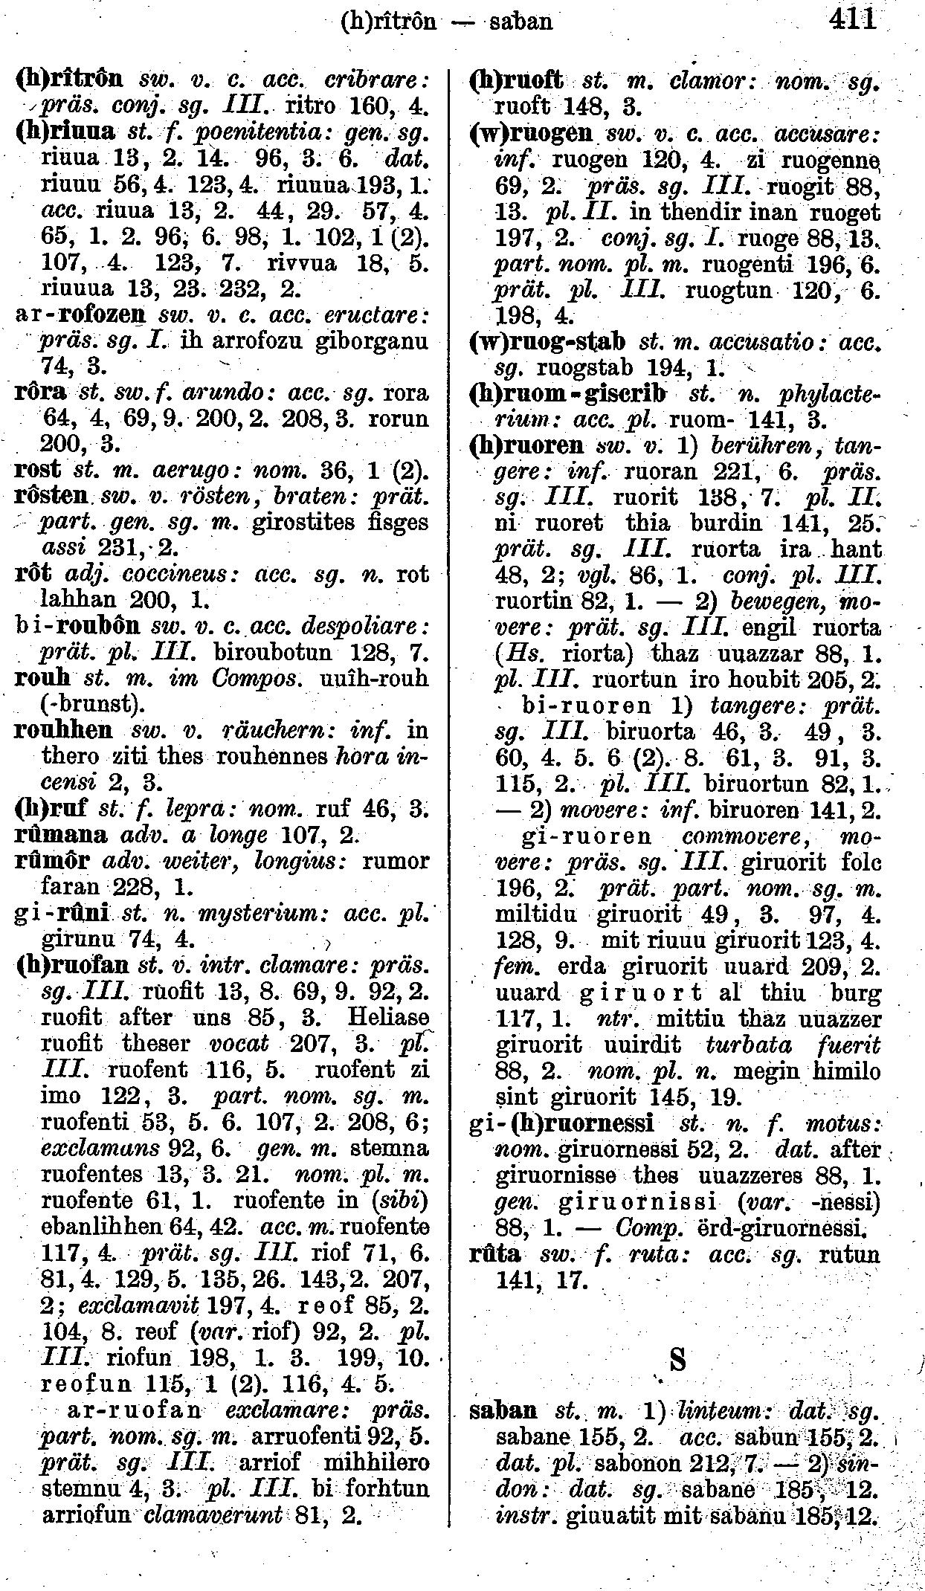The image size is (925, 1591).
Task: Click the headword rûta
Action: tap(494, 1255)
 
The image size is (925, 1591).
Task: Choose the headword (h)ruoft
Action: tap(517, 80)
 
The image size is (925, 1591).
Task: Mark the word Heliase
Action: tap(393, 1017)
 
